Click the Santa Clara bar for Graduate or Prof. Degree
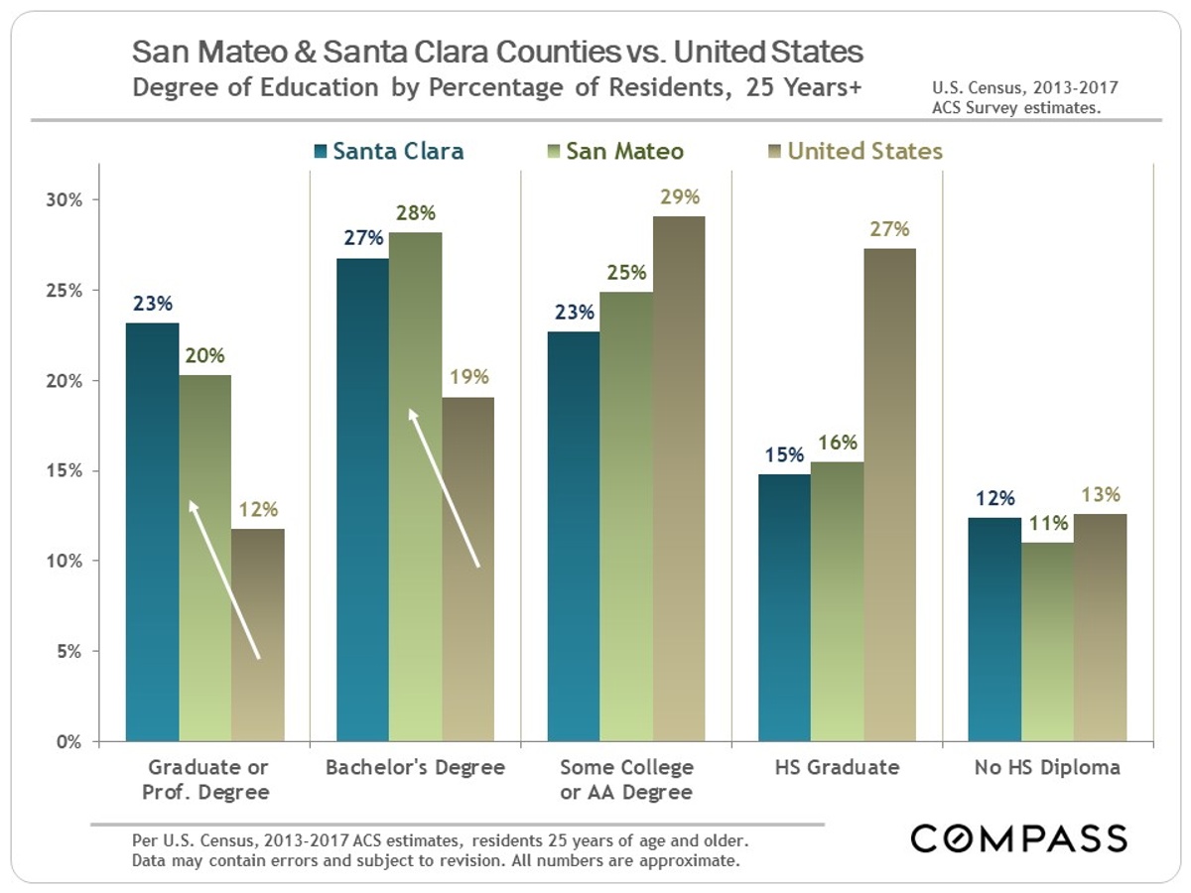click(x=153, y=532)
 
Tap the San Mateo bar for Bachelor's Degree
click(x=415, y=486)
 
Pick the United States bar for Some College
click(x=679, y=478)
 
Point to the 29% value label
click(x=680, y=197)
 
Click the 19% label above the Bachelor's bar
click(x=468, y=377)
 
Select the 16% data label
click(x=838, y=443)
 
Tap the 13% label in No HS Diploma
click(x=1101, y=494)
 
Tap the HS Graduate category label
click(x=837, y=767)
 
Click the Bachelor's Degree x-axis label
click(x=415, y=767)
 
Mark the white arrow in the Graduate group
click(x=224, y=579)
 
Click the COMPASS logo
click(x=1019, y=838)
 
